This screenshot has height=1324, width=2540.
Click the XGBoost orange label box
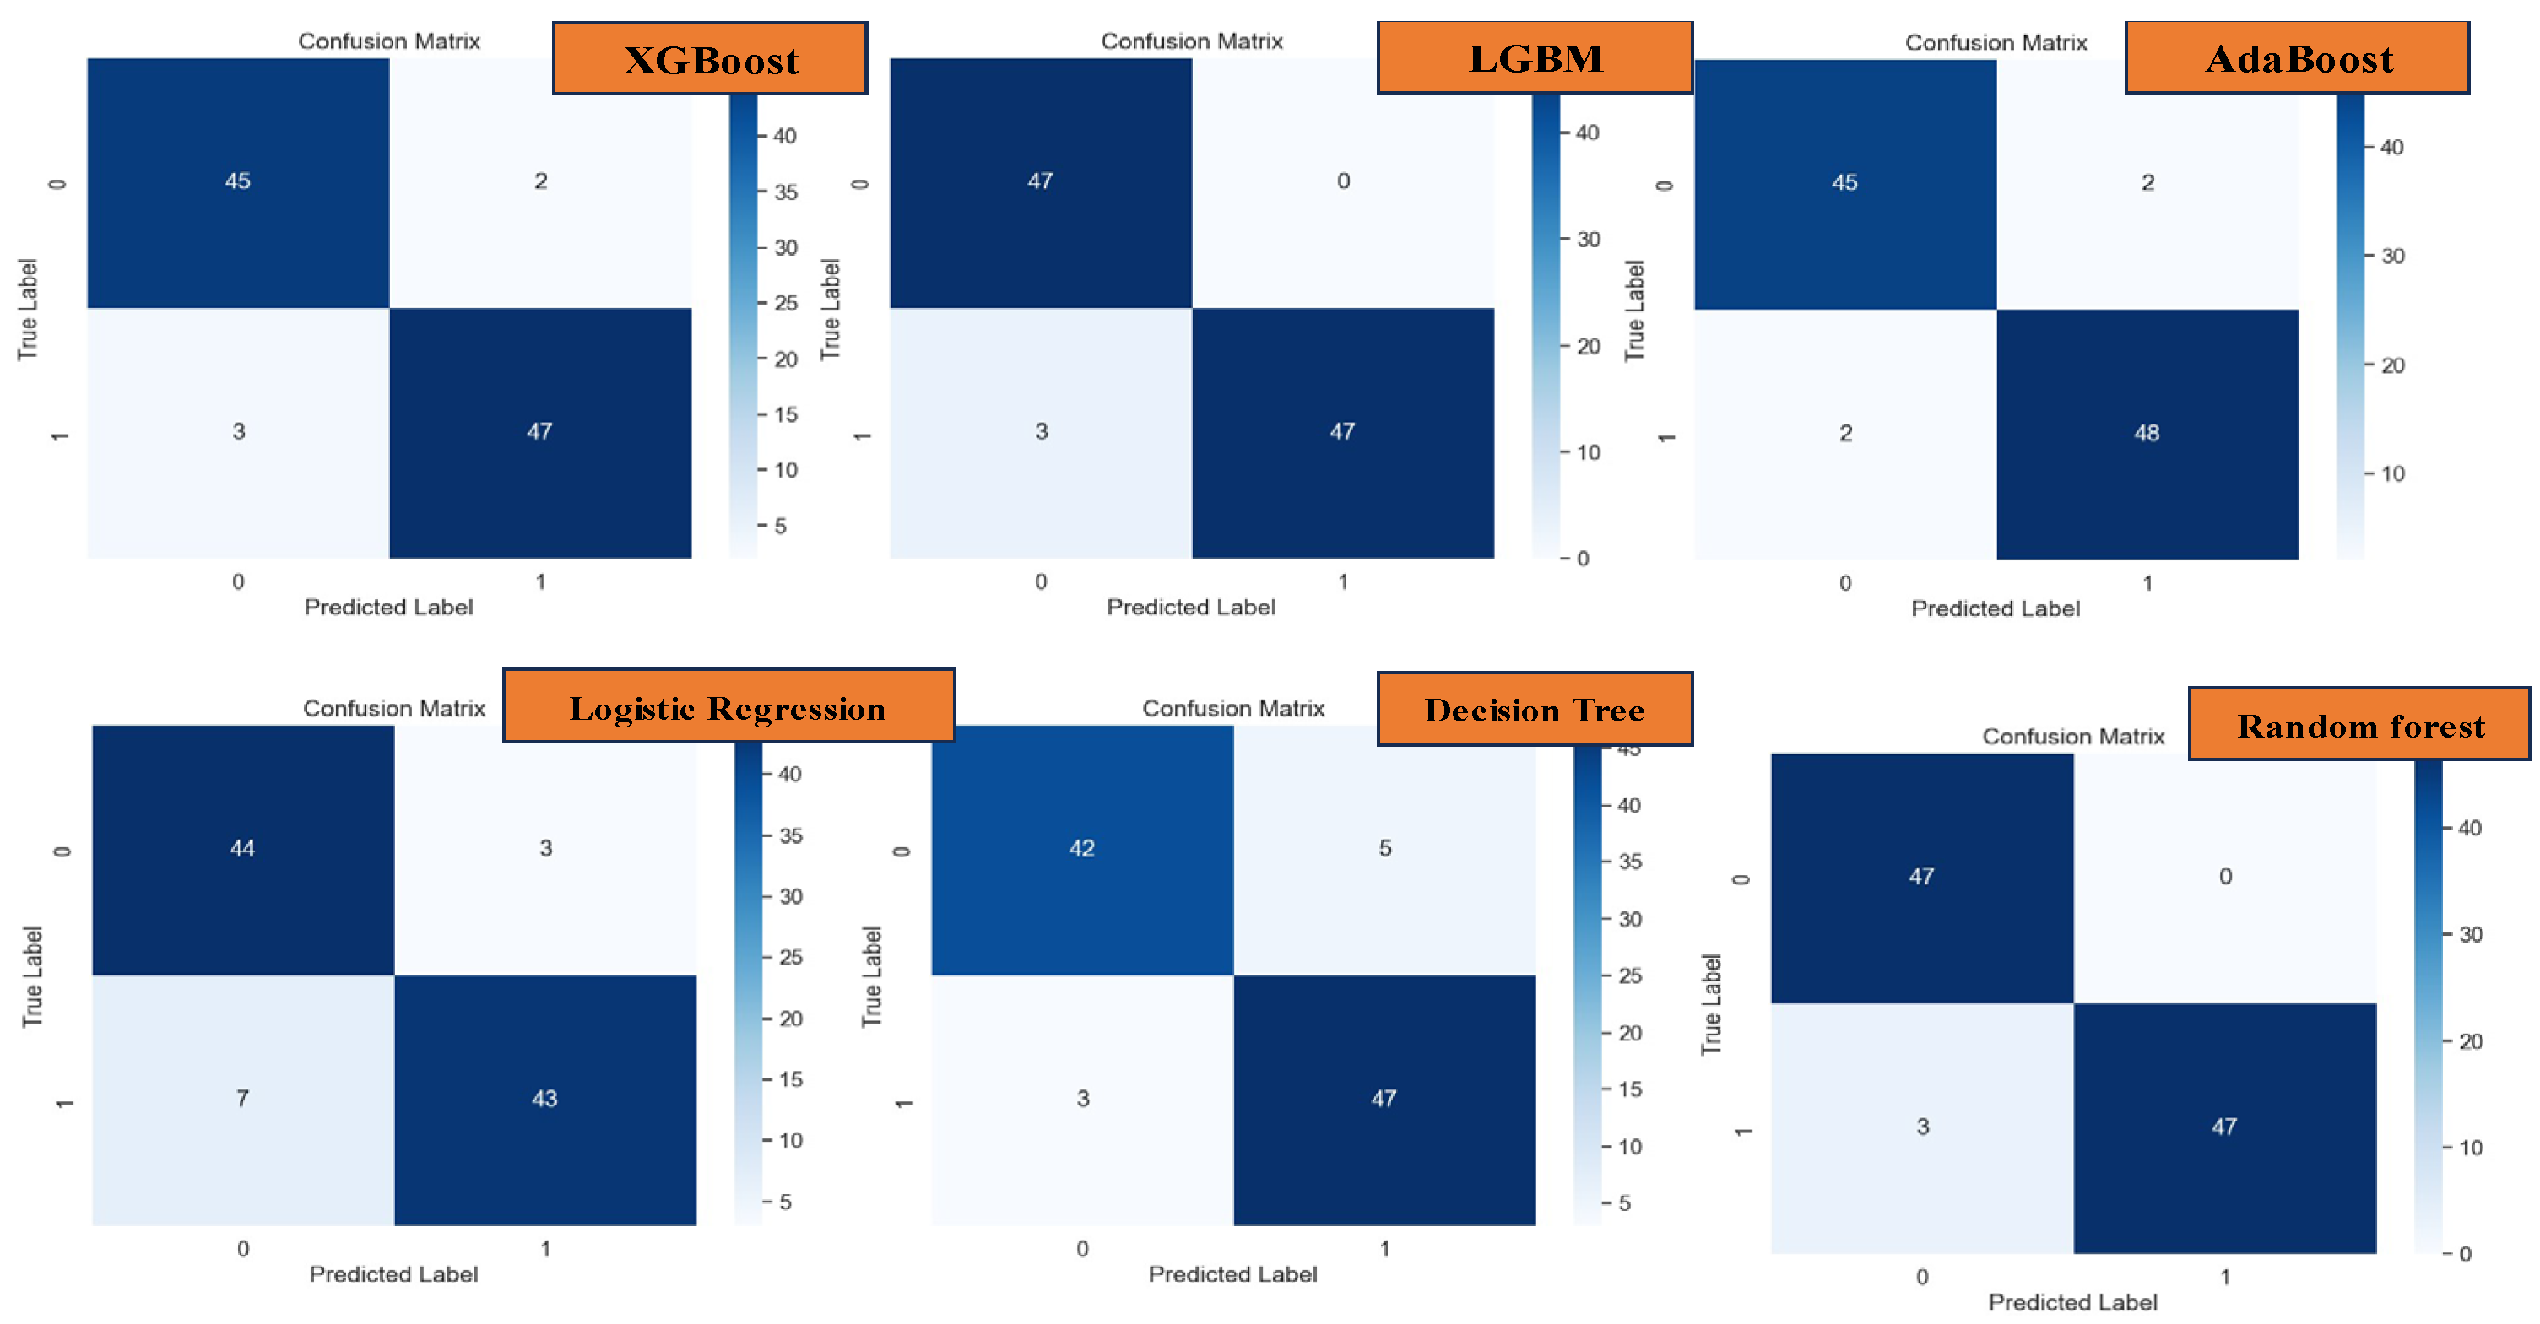click(x=710, y=59)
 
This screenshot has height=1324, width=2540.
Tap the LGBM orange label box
click(x=1535, y=58)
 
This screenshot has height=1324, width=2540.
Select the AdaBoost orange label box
click(x=2298, y=58)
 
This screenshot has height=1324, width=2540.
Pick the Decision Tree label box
click(x=1535, y=710)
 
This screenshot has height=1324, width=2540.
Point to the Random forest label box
click(x=2359, y=726)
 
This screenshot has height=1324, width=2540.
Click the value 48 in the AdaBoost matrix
click(x=2147, y=433)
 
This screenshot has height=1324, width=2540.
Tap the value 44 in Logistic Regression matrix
click(x=242, y=848)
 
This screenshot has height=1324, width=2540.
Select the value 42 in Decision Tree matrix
click(x=1081, y=848)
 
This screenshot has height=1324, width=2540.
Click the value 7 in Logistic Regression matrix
click(x=242, y=1098)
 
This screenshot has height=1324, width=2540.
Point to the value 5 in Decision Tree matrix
click(x=1385, y=848)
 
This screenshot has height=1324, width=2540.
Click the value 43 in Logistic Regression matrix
click(x=544, y=1098)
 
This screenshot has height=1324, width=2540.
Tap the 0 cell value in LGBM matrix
click(x=1343, y=181)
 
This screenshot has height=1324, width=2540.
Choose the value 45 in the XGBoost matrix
click(x=238, y=181)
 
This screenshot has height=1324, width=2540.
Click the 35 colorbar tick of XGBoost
click(x=785, y=192)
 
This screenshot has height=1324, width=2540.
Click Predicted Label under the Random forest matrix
click(x=2072, y=1302)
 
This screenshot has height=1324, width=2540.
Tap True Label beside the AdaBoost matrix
click(x=1635, y=310)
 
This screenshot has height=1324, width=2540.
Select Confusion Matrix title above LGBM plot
click(x=1191, y=41)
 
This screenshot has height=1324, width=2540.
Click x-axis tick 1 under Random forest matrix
click(x=2224, y=1277)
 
